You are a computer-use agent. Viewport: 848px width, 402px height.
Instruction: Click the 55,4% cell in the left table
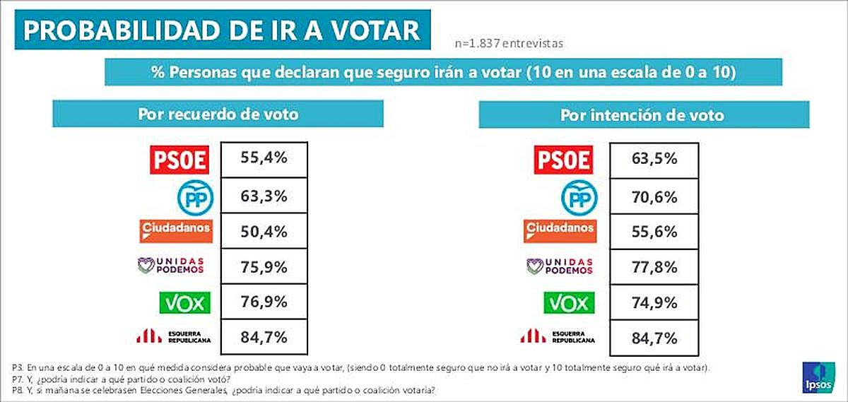(x=265, y=159)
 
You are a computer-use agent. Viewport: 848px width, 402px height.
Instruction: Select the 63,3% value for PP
(x=265, y=195)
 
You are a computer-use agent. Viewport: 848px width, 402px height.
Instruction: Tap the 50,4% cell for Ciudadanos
(x=265, y=231)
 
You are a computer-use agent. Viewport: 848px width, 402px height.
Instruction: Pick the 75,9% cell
(x=265, y=267)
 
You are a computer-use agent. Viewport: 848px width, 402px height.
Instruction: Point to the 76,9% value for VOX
(x=265, y=302)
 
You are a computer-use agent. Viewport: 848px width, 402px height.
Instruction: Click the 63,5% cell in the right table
(x=654, y=159)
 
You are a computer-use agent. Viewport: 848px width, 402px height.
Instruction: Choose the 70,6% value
(x=654, y=195)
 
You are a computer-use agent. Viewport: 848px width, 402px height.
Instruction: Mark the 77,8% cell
(x=654, y=267)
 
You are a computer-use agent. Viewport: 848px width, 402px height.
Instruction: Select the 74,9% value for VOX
(x=654, y=302)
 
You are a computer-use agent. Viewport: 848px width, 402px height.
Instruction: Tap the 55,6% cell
(x=654, y=231)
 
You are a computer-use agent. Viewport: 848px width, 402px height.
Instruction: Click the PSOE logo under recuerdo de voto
(x=181, y=160)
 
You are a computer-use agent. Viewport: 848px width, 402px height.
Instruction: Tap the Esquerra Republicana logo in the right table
(x=558, y=336)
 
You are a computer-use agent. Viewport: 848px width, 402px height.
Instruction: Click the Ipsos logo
(x=818, y=377)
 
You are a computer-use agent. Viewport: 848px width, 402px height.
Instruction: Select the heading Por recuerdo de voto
(x=218, y=114)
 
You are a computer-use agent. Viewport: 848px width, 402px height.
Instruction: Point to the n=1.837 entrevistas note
(x=509, y=43)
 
